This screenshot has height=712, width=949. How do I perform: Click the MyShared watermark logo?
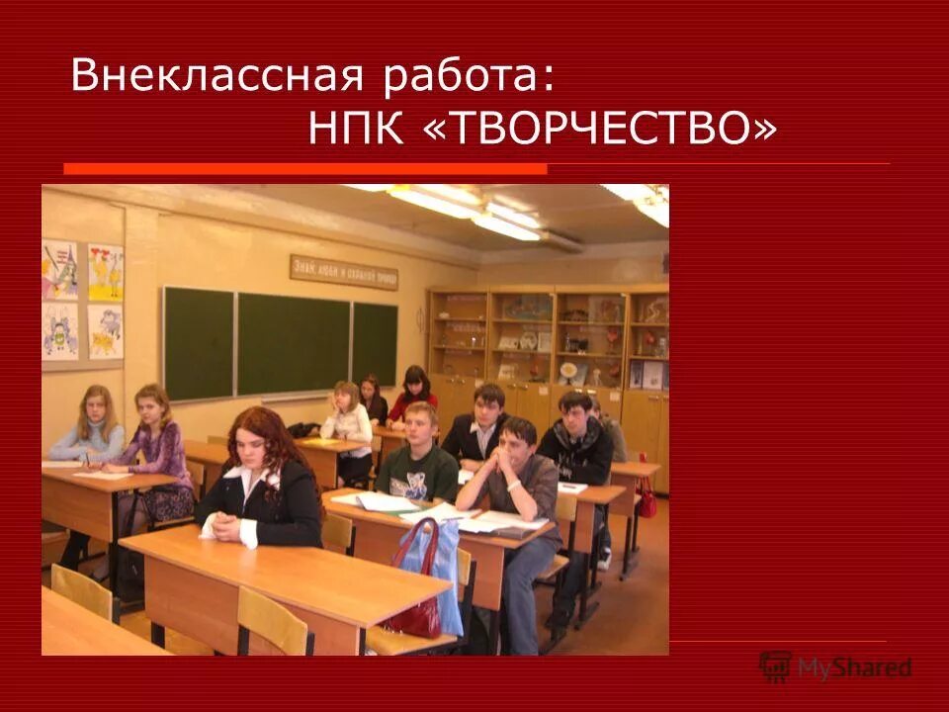pyautogui.click(x=835, y=667)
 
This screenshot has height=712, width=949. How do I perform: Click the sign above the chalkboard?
pyautogui.click(x=343, y=271)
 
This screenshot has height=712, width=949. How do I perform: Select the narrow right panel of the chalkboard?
pyautogui.click(x=375, y=343)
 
